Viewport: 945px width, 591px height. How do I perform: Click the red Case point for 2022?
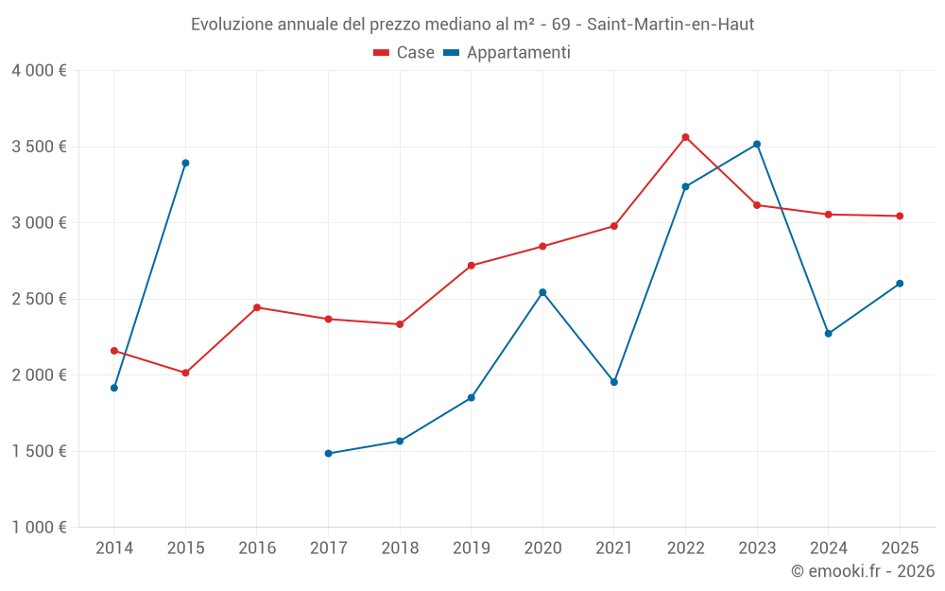(x=685, y=137)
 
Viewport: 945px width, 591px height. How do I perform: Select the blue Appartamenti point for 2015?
(x=185, y=163)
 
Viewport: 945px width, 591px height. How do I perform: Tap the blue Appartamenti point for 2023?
(x=757, y=144)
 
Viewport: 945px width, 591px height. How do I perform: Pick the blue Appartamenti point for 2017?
(x=328, y=454)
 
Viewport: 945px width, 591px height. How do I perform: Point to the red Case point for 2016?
(x=257, y=307)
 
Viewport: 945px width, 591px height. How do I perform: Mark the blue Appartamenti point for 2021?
(x=614, y=382)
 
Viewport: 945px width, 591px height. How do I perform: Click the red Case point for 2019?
(x=472, y=266)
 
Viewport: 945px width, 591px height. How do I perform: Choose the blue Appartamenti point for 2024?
(x=828, y=334)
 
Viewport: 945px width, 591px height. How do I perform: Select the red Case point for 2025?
(x=900, y=216)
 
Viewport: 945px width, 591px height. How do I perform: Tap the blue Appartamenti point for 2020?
(x=542, y=292)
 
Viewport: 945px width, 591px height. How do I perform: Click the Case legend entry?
(x=404, y=53)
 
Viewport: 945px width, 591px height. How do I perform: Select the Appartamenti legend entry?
(x=507, y=53)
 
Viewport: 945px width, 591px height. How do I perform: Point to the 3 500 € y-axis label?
(x=39, y=147)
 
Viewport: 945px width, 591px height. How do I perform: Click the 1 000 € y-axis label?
(x=39, y=528)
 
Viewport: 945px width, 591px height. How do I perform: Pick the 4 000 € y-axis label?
(x=39, y=70)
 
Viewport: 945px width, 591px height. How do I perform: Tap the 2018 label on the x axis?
(x=400, y=548)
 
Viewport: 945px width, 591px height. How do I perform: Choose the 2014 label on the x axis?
(x=114, y=548)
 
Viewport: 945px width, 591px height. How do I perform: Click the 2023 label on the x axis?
(x=757, y=548)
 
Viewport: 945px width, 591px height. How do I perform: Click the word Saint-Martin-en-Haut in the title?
(x=670, y=25)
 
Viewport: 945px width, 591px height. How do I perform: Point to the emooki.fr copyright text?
(x=862, y=571)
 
